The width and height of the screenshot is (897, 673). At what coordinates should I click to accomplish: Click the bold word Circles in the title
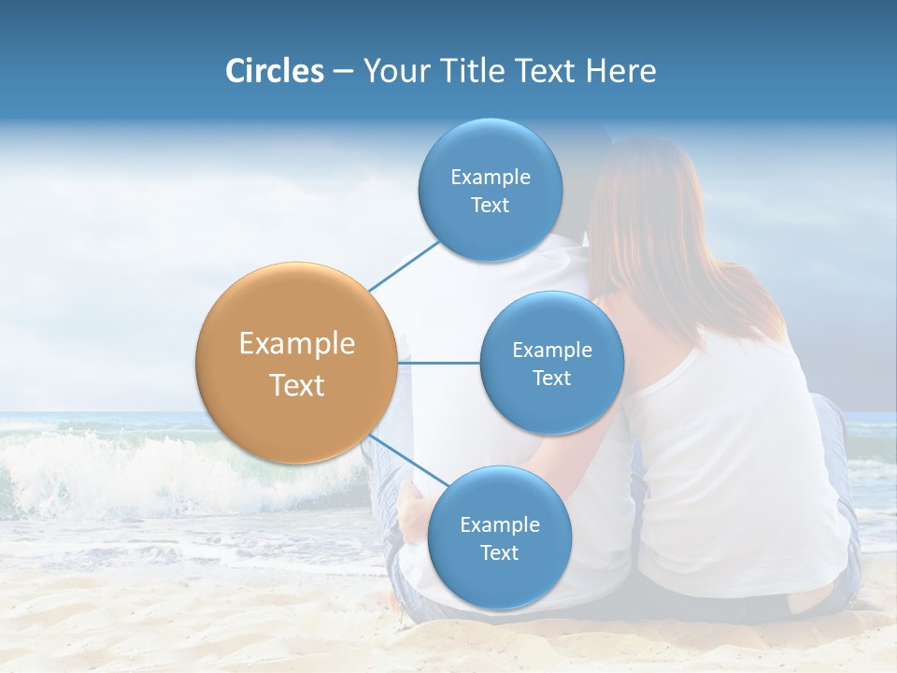[274, 71]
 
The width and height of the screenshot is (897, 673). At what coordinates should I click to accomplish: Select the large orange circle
[296, 363]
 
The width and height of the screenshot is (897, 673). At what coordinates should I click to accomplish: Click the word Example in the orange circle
[297, 344]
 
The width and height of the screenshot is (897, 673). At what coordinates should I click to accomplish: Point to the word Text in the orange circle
[297, 385]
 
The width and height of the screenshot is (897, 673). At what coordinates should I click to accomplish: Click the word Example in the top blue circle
[491, 178]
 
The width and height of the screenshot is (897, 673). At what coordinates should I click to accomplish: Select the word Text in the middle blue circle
[551, 379]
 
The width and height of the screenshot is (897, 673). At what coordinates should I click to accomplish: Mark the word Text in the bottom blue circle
[499, 553]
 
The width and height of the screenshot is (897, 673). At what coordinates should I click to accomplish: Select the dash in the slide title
[343, 72]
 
